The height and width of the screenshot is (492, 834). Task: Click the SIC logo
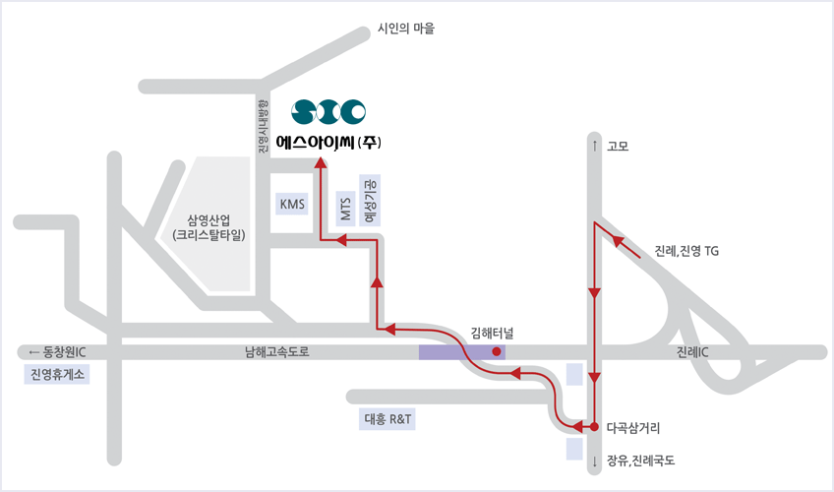(329, 109)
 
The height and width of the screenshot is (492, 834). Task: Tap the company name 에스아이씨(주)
(329, 142)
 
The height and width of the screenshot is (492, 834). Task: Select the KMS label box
(293, 205)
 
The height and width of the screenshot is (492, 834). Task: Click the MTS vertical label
(345, 208)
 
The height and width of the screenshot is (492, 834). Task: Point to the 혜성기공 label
(371, 203)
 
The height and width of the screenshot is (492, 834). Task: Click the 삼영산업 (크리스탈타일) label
(208, 227)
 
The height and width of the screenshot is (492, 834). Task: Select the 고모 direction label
(618, 147)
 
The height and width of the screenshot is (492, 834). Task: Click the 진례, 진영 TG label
(686, 251)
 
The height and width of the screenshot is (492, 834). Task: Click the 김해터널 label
(493, 331)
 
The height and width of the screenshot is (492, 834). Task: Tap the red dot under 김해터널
(497, 351)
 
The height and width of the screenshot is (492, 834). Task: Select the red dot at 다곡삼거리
(594, 426)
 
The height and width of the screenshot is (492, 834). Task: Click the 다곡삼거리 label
(633, 428)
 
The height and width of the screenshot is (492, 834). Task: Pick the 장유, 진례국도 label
(641, 460)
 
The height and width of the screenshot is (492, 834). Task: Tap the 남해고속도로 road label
(277, 352)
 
